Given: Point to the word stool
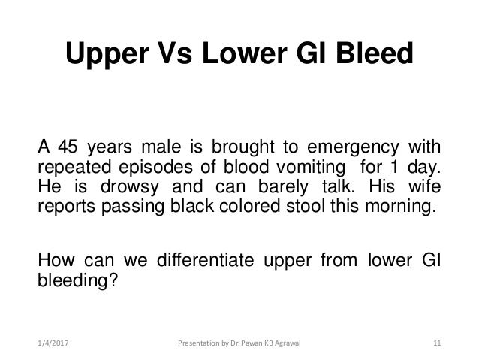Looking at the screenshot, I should tap(300, 207).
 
